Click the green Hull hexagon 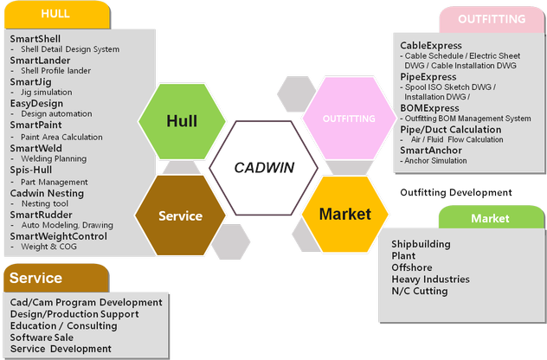point(182,120)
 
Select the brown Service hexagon point(180,215)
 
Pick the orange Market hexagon point(344,214)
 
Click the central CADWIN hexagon point(267,167)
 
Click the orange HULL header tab point(55,14)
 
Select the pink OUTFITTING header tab point(492,19)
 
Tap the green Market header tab point(490,219)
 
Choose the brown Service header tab point(55,278)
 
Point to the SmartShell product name point(35,39)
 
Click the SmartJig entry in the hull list point(30,82)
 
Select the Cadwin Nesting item point(47,193)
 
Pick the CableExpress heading point(431,45)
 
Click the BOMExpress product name point(430,107)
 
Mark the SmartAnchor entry point(431,151)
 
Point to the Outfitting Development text point(456,192)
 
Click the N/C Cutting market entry point(420,292)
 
